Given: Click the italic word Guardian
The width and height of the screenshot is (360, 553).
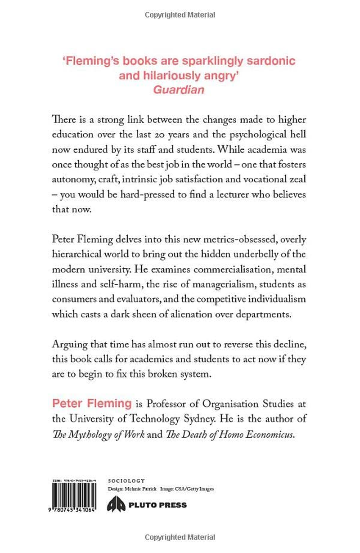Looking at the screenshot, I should (179, 89).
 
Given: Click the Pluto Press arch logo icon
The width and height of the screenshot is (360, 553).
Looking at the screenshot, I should (115, 505).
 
